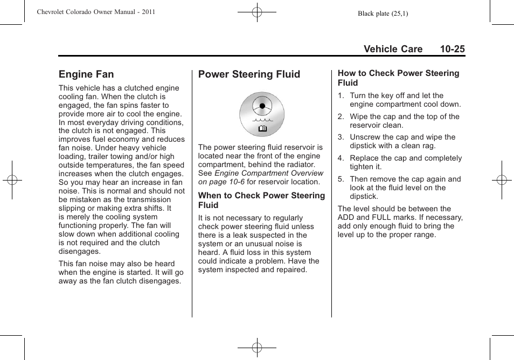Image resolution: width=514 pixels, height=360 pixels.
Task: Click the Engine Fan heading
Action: coord(86,74)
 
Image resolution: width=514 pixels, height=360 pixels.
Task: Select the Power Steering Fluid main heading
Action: coord(249,74)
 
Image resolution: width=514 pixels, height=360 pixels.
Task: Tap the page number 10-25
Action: coord(452,49)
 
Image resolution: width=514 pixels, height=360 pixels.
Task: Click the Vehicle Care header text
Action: coord(393,49)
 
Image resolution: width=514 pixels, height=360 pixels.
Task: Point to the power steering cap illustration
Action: coord(262,114)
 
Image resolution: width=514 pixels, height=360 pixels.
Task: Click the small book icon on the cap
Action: coord(262,129)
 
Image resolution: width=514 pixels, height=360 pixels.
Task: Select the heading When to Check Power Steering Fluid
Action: coord(261,200)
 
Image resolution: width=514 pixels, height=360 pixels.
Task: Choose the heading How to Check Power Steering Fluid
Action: coord(398,78)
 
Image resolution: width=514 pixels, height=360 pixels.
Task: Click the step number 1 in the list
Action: coord(341,96)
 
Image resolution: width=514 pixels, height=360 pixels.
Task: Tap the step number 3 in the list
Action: coord(341,137)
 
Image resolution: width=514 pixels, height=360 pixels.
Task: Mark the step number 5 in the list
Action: coord(341,179)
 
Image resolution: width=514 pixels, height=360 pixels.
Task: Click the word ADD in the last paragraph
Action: coord(346,218)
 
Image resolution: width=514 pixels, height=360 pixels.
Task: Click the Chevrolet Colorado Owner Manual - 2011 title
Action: coord(96,12)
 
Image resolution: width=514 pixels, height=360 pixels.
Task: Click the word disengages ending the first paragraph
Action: coord(80,252)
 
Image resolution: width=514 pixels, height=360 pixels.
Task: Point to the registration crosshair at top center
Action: coord(257,11)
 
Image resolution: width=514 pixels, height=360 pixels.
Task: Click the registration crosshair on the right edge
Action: coord(501,180)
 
